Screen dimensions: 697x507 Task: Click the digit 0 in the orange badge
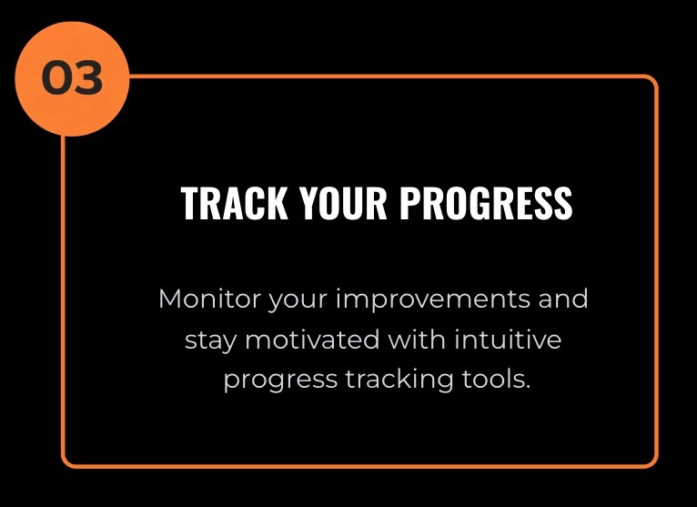[56, 78]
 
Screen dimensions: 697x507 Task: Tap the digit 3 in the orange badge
[88, 78]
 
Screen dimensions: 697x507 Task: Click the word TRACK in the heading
[234, 203]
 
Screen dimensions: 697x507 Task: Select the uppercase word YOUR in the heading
[343, 203]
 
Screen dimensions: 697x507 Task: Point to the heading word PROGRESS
[486, 203]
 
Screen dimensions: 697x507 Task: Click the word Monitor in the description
[209, 299]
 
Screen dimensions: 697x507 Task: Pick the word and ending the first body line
[563, 299]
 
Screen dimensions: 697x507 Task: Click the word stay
[210, 341]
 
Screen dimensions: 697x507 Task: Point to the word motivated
[312, 340]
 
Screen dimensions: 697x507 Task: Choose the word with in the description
[417, 340]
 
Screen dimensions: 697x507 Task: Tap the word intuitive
[508, 340]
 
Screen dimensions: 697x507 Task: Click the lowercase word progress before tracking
[280, 381]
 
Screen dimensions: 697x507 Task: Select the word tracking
[399, 381]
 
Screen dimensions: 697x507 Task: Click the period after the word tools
[528, 388]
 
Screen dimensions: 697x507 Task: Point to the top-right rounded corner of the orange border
[652, 80]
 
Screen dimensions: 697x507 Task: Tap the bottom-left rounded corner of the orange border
[67, 462]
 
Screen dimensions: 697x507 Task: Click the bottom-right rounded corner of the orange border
[652, 462]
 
